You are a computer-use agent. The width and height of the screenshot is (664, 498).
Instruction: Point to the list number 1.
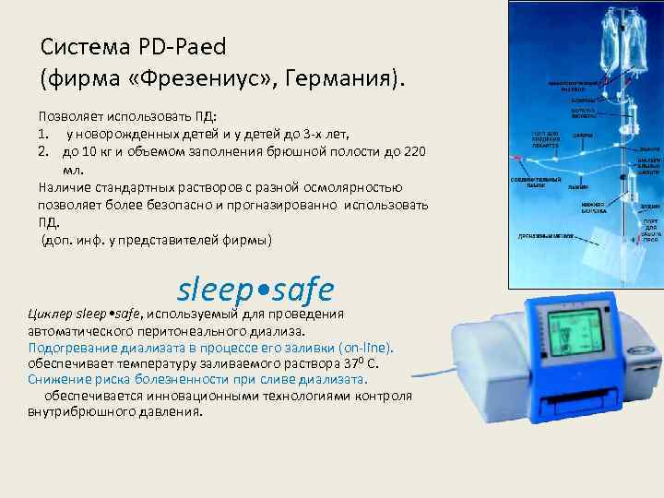pyautogui.click(x=43, y=135)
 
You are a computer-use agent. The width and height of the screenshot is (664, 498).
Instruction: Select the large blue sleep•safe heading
pyautogui.click(x=255, y=289)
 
